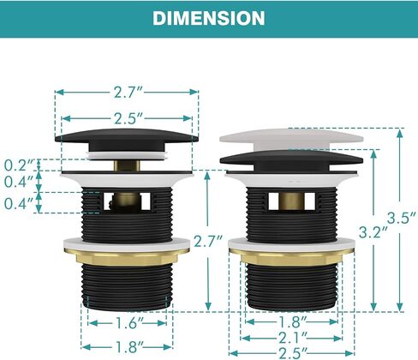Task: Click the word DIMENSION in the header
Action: [x=209, y=18]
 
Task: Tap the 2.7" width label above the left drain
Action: [x=128, y=92]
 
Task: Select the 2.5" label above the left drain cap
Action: [x=128, y=118]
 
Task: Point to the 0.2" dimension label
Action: [x=19, y=165]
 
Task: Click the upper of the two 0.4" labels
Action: [x=19, y=182]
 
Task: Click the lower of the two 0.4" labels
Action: [x=19, y=203]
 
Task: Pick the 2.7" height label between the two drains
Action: [x=208, y=242]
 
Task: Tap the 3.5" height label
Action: [x=402, y=218]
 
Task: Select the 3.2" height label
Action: [x=373, y=232]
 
